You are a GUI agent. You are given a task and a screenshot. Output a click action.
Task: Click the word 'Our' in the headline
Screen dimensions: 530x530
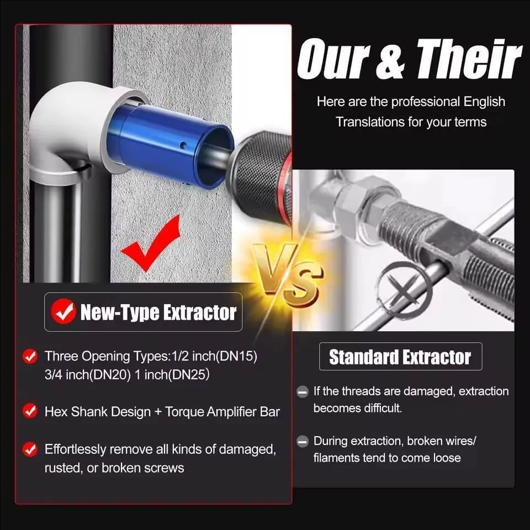[x=333, y=60]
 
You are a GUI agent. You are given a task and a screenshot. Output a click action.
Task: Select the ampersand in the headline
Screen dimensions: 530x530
[x=391, y=60]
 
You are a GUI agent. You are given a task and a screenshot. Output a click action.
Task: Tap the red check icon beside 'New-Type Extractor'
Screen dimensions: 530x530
[x=63, y=311]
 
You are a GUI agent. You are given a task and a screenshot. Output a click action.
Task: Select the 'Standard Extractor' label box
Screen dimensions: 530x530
[x=401, y=357]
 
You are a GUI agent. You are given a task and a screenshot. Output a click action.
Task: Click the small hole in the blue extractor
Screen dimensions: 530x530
[x=183, y=146]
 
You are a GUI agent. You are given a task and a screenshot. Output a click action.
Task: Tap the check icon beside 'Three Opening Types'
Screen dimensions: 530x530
[x=30, y=356]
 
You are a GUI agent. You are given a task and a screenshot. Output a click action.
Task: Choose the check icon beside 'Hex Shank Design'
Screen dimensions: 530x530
[x=30, y=411]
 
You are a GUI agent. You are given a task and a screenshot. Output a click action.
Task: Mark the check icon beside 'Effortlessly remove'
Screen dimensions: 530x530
[x=30, y=449]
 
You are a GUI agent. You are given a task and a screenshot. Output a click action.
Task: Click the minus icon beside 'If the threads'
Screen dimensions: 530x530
[x=303, y=392]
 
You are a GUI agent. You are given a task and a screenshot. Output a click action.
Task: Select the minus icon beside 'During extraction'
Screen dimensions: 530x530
[x=303, y=441]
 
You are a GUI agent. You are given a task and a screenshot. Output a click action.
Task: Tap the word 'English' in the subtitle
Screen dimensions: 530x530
[x=484, y=102]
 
